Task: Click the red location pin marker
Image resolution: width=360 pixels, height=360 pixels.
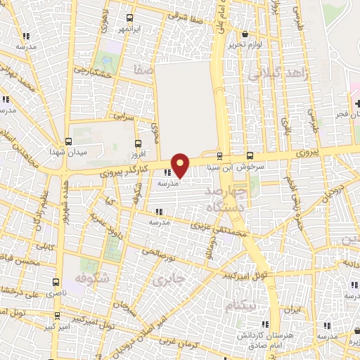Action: click(181, 165)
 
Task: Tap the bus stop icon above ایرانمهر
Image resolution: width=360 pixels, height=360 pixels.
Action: click(129, 18)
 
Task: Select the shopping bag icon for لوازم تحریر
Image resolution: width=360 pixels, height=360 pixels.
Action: click(244, 34)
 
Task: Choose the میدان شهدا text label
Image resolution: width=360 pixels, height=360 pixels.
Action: click(67, 153)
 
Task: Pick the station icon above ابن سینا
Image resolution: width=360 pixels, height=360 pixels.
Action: click(220, 156)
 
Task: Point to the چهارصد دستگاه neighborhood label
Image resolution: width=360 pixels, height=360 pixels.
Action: click(226, 199)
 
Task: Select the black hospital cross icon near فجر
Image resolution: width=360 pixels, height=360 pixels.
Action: click(356, 103)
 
